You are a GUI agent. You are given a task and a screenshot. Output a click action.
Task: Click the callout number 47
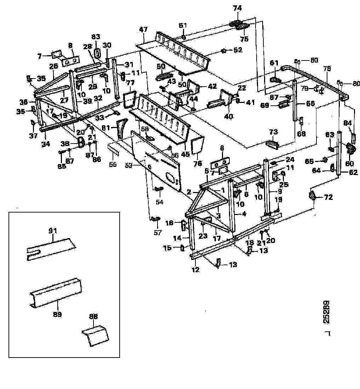143,30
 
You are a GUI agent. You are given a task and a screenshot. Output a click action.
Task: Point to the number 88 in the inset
94,317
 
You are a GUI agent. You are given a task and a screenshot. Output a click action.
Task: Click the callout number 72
329,197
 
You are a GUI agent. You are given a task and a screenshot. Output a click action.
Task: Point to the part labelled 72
313,196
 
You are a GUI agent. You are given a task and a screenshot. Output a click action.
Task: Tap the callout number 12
195,270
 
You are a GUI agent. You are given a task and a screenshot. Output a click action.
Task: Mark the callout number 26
53,66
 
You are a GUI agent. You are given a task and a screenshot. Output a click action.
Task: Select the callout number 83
96,36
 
